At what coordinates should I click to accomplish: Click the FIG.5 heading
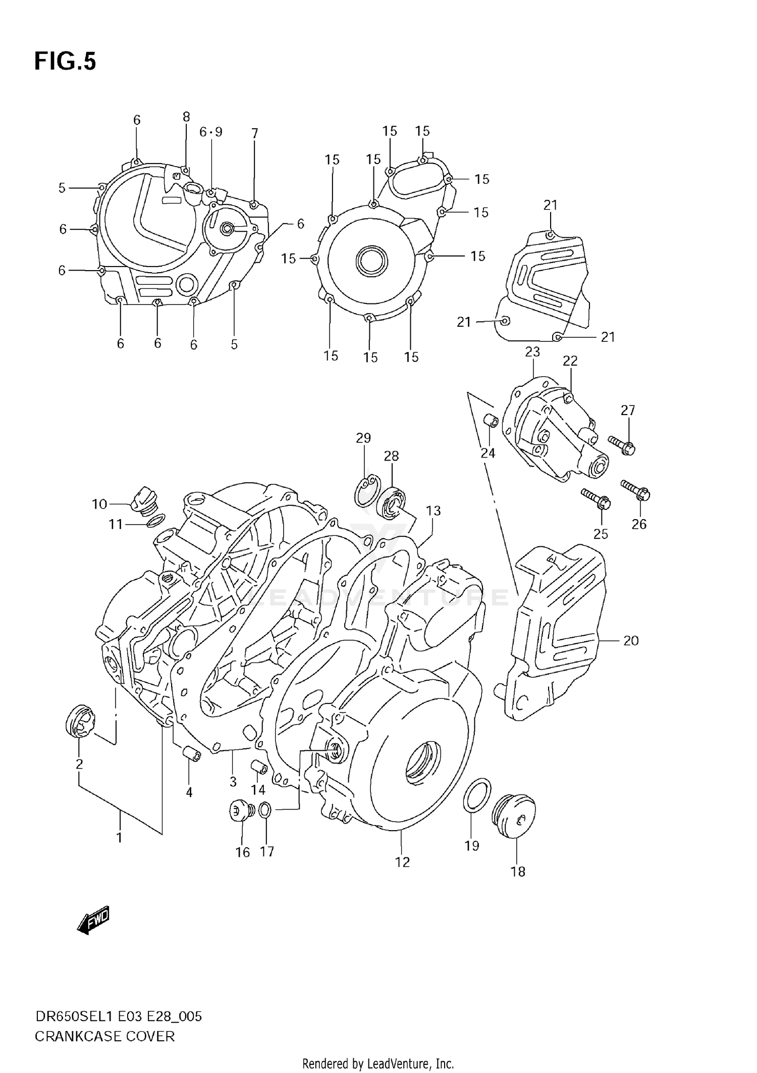[x=65, y=62]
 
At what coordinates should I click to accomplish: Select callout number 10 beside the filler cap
[x=99, y=503]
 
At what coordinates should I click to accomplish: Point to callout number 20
[x=631, y=640]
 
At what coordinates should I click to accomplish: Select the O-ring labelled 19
[x=476, y=795]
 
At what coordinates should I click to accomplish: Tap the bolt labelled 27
[x=621, y=445]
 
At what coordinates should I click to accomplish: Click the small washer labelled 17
[x=265, y=810]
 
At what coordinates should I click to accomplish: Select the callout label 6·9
[x=210, y=132]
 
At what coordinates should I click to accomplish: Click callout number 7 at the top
[x=255, y=133]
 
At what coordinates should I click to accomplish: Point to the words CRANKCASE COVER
[x=104, y=1037]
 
